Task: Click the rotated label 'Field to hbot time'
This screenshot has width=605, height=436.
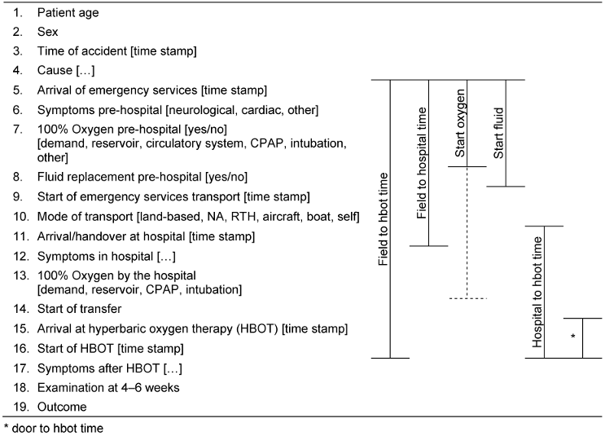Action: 383,219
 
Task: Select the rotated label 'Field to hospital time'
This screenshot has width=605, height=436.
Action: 422,163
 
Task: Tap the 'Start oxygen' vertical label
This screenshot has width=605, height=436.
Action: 460,123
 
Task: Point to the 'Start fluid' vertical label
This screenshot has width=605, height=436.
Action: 498,133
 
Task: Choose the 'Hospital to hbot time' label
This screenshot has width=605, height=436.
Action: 537,292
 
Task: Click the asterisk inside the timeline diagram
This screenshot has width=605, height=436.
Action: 573,337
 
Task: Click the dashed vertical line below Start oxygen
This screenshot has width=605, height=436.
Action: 467,232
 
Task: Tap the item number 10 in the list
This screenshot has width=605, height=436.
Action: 21,217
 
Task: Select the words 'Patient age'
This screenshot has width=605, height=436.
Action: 68,13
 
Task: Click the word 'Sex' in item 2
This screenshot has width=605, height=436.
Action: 47,32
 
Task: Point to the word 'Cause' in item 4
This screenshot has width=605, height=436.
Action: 55,70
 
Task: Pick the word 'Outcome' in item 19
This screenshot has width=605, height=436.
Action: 62,407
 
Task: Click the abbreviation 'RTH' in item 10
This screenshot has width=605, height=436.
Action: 243,217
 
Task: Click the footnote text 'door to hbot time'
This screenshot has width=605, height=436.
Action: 58,429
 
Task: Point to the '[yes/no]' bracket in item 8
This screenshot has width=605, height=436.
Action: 226,177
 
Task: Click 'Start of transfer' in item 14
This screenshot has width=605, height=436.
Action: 80,309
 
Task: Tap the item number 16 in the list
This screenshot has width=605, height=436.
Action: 21,349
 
